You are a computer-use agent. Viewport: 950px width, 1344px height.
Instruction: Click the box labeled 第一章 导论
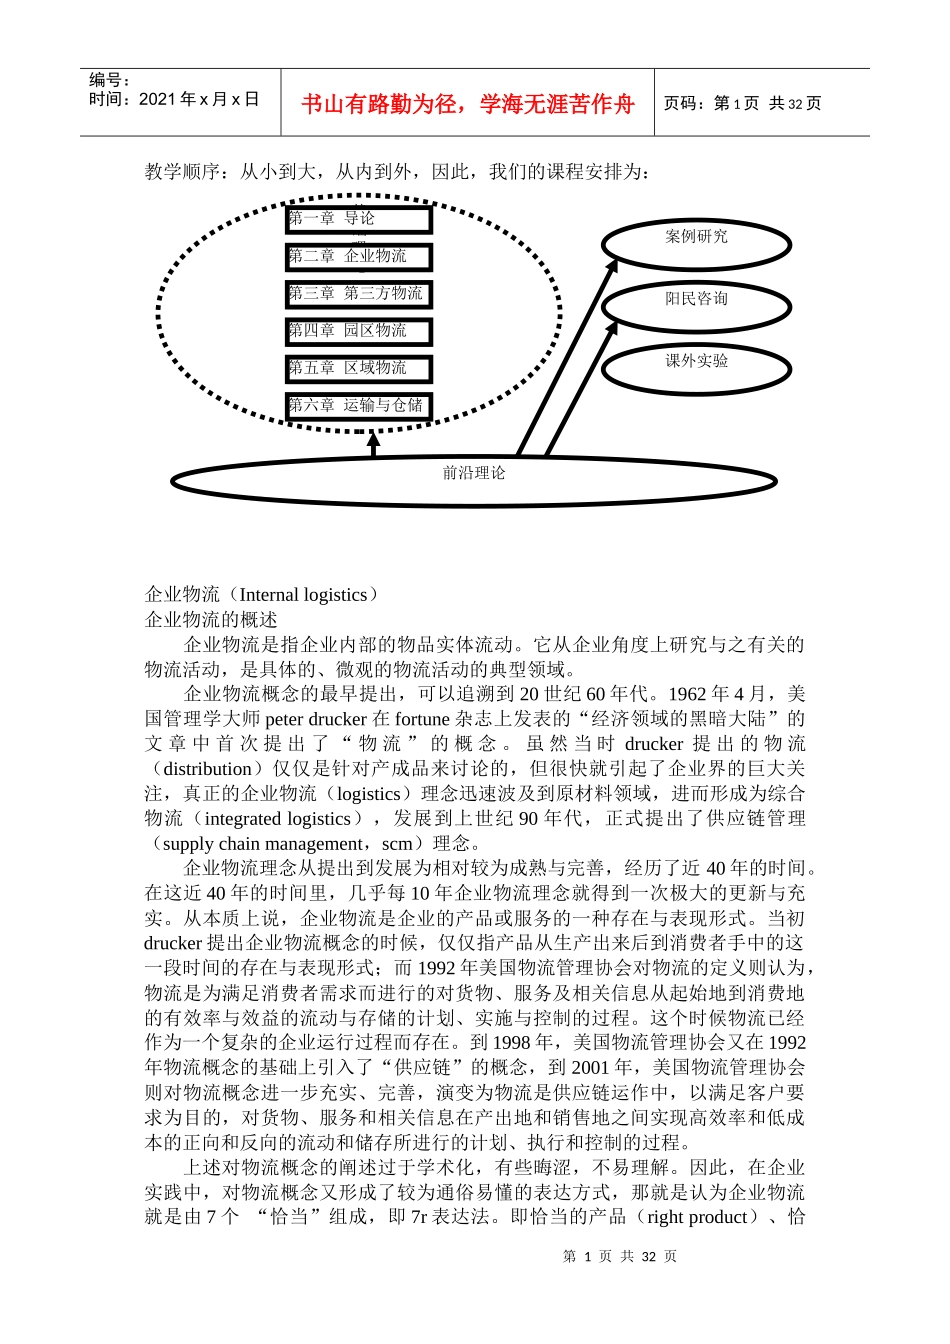click(358, 219)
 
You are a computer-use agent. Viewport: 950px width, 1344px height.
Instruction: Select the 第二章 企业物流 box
click(358, 257)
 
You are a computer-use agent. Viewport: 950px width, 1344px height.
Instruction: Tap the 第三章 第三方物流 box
click(358, 294)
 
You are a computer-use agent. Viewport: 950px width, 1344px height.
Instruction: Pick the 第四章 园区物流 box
click(358, 331)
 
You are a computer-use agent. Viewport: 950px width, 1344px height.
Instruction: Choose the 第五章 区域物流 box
click(358, 369)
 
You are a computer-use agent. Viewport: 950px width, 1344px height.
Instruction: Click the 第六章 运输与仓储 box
click(358, 406)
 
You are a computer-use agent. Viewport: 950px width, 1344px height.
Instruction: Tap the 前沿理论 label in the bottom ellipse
click(474, 473)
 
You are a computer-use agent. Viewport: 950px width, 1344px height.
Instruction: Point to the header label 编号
click(108, 80)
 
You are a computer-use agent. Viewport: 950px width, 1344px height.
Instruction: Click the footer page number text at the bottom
click(620, 1256)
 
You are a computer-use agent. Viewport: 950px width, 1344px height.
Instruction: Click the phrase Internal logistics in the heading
click(304, 595)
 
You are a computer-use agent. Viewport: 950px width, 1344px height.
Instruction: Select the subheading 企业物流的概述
click(211, 620)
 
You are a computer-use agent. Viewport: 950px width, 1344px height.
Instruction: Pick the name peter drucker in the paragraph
click(316, 719)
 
